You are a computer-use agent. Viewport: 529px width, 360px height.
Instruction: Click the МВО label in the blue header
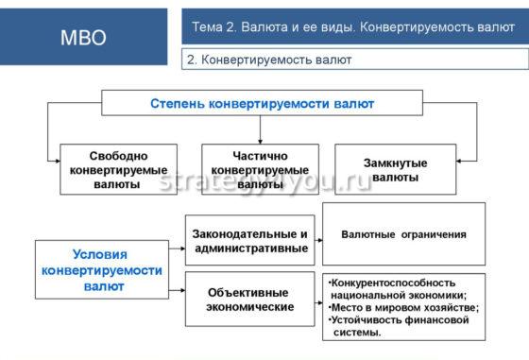pyautogui.click(x=83, y=38)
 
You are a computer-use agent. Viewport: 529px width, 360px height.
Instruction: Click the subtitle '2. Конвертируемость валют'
pyautogui.click(x=270, y=60)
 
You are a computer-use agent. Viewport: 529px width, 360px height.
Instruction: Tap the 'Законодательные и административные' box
pyautogui.click(x=249, y=241)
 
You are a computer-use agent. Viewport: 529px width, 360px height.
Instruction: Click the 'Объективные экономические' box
pyautogui.click(x=249, y=300)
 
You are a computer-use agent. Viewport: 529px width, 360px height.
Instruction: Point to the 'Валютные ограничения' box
pyautogui.click(x=403, y=233)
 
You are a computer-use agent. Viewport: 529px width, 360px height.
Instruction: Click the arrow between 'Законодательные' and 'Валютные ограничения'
pyautogui.click(x=316, y=234)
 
